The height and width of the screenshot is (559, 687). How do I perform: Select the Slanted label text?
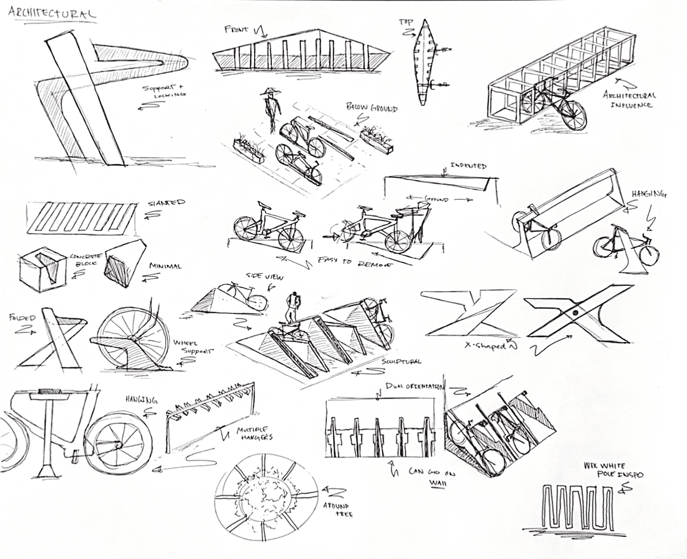coord(166,203)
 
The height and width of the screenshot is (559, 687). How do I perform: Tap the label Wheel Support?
coord(193,347)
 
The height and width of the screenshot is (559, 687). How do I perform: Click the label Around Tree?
coord(339,511)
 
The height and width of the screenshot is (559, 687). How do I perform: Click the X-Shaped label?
coord(485,346)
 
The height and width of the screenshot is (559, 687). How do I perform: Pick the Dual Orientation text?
coord(414,386)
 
